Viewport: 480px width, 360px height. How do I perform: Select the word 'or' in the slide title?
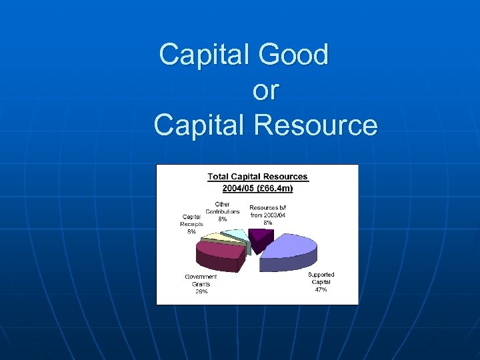(x=266, y=91)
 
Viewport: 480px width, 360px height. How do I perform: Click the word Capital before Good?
(x=206, y=55)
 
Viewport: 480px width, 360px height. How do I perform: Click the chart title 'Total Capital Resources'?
(x=258, y=177)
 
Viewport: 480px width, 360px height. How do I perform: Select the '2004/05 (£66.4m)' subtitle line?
(x=258, y=189)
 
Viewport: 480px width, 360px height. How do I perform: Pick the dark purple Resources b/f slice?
(x=256, y=237)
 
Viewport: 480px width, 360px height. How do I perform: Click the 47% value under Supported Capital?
(x=321, y=290)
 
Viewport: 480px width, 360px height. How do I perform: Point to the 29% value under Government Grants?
(x=201, y=291)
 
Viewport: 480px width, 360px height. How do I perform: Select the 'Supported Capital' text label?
(x=321, y=278)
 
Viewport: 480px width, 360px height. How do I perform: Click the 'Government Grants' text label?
(x=201, y=280)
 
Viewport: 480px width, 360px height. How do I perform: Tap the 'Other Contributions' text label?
(x=222, y=208)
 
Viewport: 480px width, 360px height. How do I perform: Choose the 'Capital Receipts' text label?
(x=192, y=220)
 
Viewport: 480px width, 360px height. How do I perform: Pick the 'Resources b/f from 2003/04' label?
(x=267, y=211)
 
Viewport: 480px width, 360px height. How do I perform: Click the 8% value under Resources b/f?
(x=267, y=223)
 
